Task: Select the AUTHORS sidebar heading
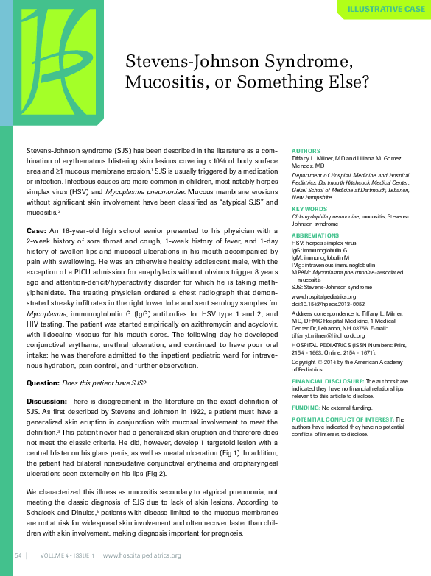(306, 150)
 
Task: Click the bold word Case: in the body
(36, 230)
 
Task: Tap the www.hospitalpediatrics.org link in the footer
(141, 555)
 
